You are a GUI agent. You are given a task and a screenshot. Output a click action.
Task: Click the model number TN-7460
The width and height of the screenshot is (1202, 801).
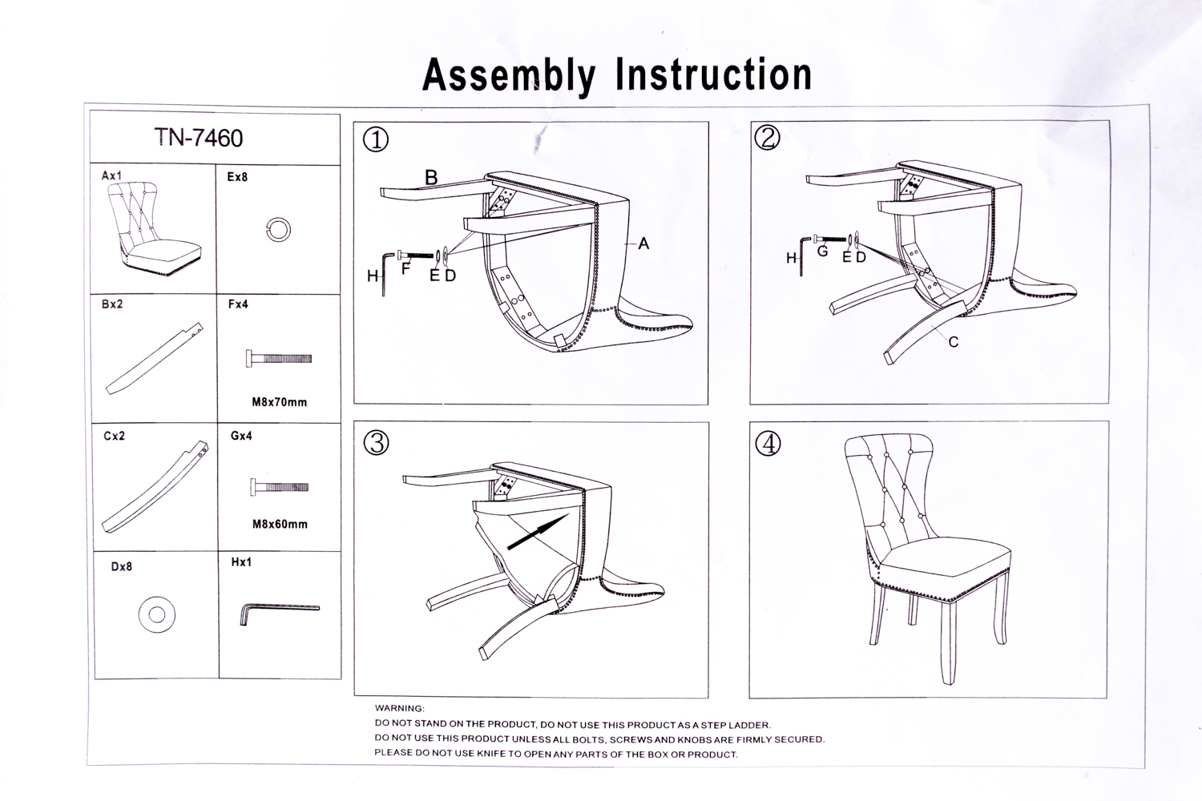tap(198, 139)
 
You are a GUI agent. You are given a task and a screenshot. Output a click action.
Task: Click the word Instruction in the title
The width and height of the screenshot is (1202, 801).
tap(713, 74)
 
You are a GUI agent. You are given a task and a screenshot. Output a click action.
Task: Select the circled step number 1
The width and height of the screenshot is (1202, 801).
tap(376, 140)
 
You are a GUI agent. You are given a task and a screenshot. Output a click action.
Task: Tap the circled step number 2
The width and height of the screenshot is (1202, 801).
tap(767, 138)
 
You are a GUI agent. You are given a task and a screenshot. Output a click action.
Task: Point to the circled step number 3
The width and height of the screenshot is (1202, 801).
tap(376, 443)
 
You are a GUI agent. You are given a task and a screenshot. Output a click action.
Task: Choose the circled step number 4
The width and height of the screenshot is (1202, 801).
tap(768, 443)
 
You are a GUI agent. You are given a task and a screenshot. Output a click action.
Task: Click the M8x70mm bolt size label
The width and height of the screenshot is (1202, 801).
tap(279, 402)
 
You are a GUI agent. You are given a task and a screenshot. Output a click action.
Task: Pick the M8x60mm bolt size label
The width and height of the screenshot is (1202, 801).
tap(280, 525)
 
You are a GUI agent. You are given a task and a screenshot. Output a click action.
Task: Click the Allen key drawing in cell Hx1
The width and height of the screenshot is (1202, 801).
tap(279, 613)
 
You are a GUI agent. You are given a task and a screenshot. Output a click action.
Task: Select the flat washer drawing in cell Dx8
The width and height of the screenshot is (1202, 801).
tap(156, 614)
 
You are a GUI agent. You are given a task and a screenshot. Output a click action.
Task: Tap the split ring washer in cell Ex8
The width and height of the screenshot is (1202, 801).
tap(278, 230)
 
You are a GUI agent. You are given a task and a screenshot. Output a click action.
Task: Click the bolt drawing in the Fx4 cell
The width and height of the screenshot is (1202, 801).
tap(279, 359)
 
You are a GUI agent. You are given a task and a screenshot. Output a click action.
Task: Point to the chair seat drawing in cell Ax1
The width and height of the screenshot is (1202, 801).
tap(152, 228)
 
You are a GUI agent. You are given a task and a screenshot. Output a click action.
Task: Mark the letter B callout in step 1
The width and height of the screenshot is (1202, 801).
tap(431, 178)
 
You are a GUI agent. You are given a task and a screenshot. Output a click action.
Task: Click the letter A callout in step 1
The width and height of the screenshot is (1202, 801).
tap(643, 244)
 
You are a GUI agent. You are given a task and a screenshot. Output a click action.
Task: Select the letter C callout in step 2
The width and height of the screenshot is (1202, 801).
tap(953, 342)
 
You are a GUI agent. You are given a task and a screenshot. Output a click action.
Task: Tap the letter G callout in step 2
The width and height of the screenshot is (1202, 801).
tap(822, 252)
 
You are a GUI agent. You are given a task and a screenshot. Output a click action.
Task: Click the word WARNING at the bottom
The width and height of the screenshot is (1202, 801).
tap(399, 708)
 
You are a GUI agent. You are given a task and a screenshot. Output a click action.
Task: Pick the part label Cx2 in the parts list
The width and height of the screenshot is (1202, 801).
tap(114, 437)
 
